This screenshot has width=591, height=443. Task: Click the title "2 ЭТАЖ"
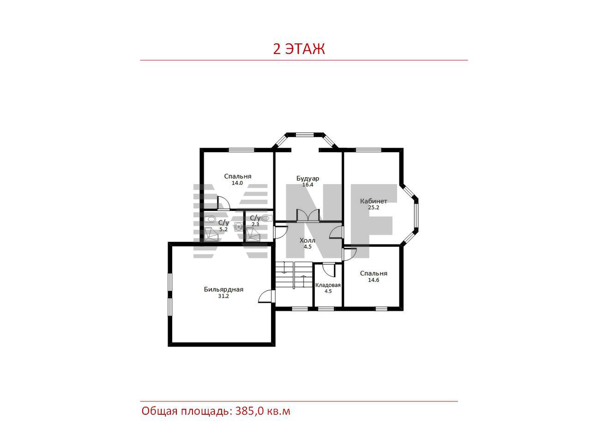[299, 49]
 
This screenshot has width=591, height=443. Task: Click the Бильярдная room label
[223, 289]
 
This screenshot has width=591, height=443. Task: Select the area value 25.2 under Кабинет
[374, 207]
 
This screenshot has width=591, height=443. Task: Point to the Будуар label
[308, 178]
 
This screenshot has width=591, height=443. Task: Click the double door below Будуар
[308, 216]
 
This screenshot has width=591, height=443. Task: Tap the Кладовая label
[328, 285]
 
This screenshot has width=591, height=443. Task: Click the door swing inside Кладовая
[328, 270]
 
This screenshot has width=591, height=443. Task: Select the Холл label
[308, 240]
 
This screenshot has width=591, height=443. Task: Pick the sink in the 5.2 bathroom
[239, 227]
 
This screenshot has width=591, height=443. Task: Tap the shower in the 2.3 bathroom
[253, 234]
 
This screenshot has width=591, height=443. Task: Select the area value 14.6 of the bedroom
[374, 280]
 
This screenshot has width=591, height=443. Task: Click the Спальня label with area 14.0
[238, 176]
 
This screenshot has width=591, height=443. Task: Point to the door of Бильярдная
[266, 296]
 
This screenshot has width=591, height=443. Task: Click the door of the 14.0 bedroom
[223, 203]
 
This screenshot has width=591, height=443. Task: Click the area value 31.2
[223, 296]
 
